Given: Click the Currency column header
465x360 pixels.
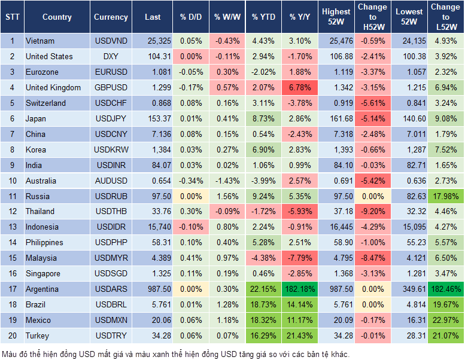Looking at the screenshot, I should tap(111, 17).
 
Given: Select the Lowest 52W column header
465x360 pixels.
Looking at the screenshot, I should tap(408, 17).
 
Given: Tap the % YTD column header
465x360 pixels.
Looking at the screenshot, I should tap(263, 17).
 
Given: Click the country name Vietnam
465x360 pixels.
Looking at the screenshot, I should tap(40, 41).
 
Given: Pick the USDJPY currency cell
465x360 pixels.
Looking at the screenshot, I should tap(111, 118).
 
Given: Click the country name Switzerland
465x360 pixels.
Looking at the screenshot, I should tap(45, 103).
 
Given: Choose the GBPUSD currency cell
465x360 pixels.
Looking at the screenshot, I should tap(111, 87).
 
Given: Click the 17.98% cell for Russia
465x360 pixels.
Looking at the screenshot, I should tap(446, 196).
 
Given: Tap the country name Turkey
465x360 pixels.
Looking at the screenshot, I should tap(38, 335).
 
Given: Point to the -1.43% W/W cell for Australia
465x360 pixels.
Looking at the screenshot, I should tap(226, 181).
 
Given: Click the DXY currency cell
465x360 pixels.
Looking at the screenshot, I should tap(111, 56).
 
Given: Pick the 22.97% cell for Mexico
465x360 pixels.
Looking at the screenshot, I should tap(446, 320).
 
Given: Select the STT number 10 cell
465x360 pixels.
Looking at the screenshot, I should tap(12, 181).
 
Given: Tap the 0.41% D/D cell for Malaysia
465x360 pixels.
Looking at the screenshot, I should tap(190, 258).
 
